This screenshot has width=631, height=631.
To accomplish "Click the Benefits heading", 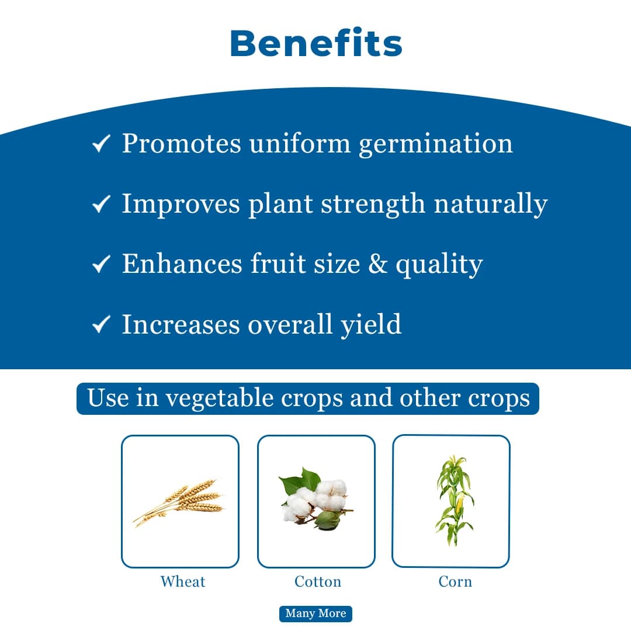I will (x=315, y=44).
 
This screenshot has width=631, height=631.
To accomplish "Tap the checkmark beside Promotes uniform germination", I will (x=102, y=144).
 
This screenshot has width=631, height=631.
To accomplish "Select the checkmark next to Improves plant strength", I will (x=102, y=204).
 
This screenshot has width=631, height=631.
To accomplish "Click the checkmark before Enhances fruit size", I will (x=102, y=264).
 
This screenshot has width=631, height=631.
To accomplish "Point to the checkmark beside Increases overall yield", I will (x=102, y=324).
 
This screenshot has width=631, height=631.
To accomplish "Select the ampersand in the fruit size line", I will (x=377, y=264).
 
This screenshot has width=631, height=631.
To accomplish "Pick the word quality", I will (x=439, y=265).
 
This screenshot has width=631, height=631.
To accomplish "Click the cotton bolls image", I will (x=315, y=500).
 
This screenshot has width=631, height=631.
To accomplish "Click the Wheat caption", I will (x=183, y=581).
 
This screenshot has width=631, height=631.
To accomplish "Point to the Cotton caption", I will (x=317, y=581).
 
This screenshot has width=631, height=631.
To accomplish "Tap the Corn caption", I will (x=455, y=581).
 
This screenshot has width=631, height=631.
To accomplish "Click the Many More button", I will (x=315, y=613).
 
